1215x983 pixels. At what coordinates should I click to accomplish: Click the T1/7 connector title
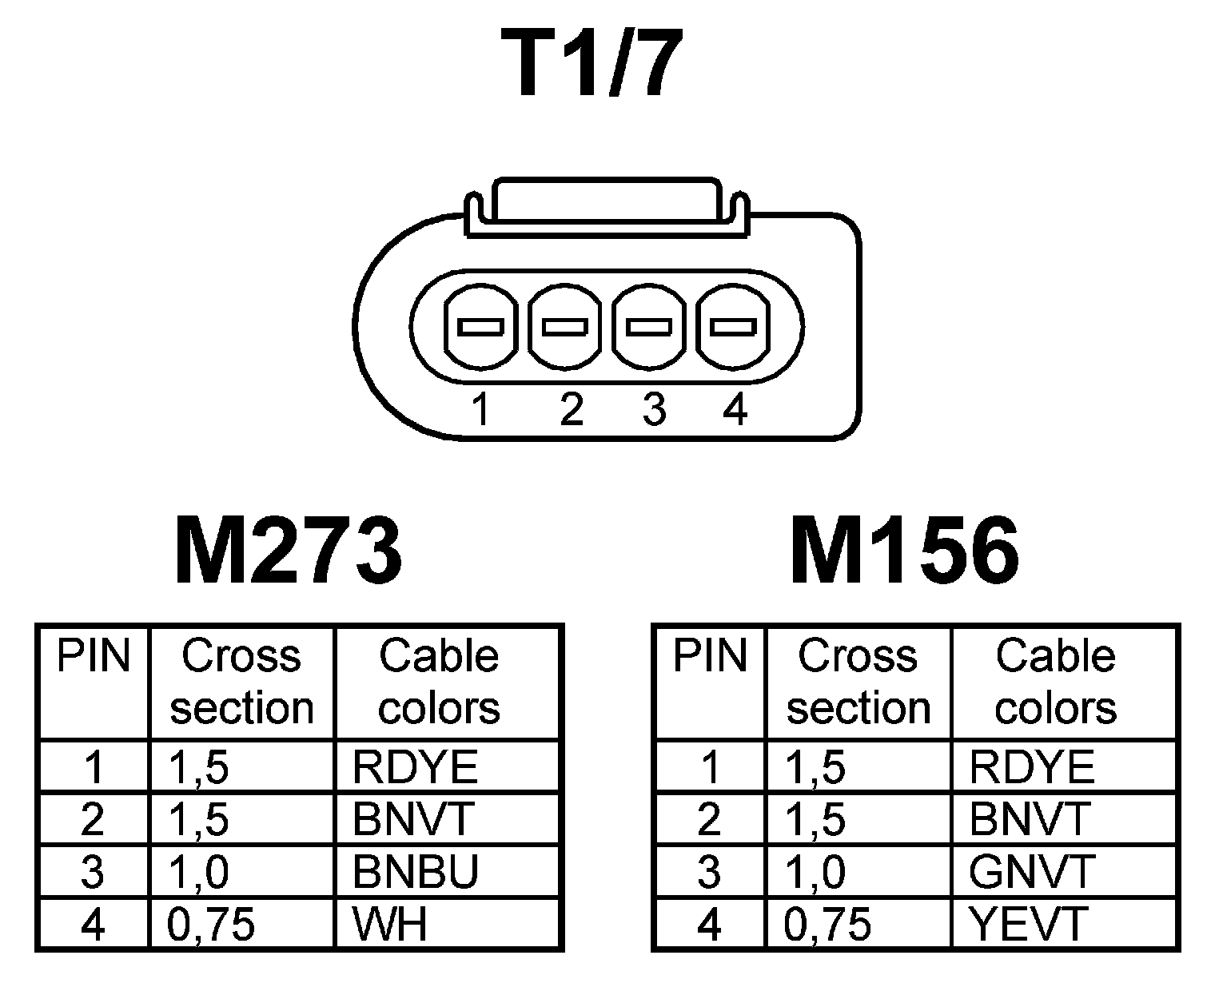point(592,64)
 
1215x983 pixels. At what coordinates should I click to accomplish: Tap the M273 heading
point(288,551)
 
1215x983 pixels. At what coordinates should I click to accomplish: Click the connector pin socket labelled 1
point(480,327)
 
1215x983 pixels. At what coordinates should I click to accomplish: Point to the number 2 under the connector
point(571,411)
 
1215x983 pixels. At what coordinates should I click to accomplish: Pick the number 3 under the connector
point(654,411)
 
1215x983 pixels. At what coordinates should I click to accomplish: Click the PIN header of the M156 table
point(710,657)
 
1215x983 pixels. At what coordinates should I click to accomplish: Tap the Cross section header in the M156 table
point(858,682)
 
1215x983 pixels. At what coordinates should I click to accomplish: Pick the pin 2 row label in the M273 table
point(93,820)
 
